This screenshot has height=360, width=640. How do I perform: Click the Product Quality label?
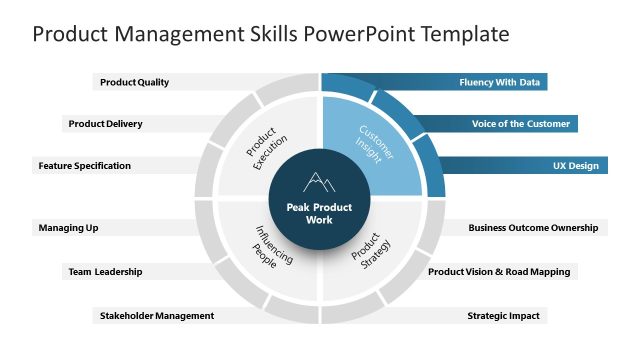pyautogui.click(x=134, y=83)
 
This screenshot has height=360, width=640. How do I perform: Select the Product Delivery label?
pyautogui.click(x=105, y=124)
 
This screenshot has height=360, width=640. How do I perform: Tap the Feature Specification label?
pyautogui.click(x=85, y=165)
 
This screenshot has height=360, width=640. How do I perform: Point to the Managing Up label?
pyautogui.click(x=68, y=228)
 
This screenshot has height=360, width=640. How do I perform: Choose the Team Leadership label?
pyautogui.click(x=105, y=271)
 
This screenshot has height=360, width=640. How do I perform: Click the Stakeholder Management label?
pyautogui.click(x=157, y=316)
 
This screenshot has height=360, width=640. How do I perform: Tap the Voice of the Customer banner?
pyautogui.click(x=521, y=124)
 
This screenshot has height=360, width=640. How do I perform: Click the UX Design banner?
pyautogui.click(x=575, y=165)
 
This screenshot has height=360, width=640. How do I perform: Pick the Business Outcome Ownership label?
pyautogui.click(x=533, y=228)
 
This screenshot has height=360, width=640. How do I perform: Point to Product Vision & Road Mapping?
pyautogui.click(x=499, y=271)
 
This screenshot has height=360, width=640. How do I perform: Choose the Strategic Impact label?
pyautogui.click(x=503, y=316)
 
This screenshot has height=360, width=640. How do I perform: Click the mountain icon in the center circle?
pyautogui.click(x=319, y=182)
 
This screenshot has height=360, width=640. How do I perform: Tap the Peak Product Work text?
pyautogui.click(x=319, y=213)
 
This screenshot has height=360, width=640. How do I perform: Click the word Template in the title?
pyautogui.click(x=463, y=34)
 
